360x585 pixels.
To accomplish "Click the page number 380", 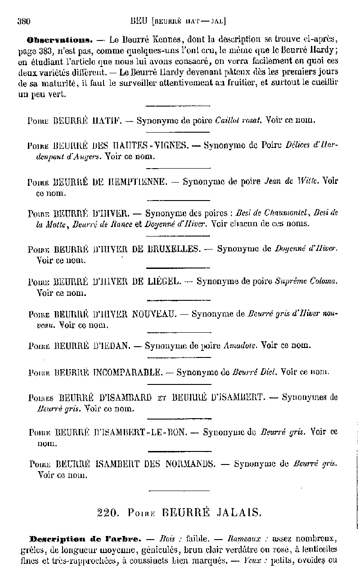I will point(23,20).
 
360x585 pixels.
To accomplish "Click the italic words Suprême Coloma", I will point(306,281).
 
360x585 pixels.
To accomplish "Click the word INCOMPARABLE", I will point(127,372).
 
